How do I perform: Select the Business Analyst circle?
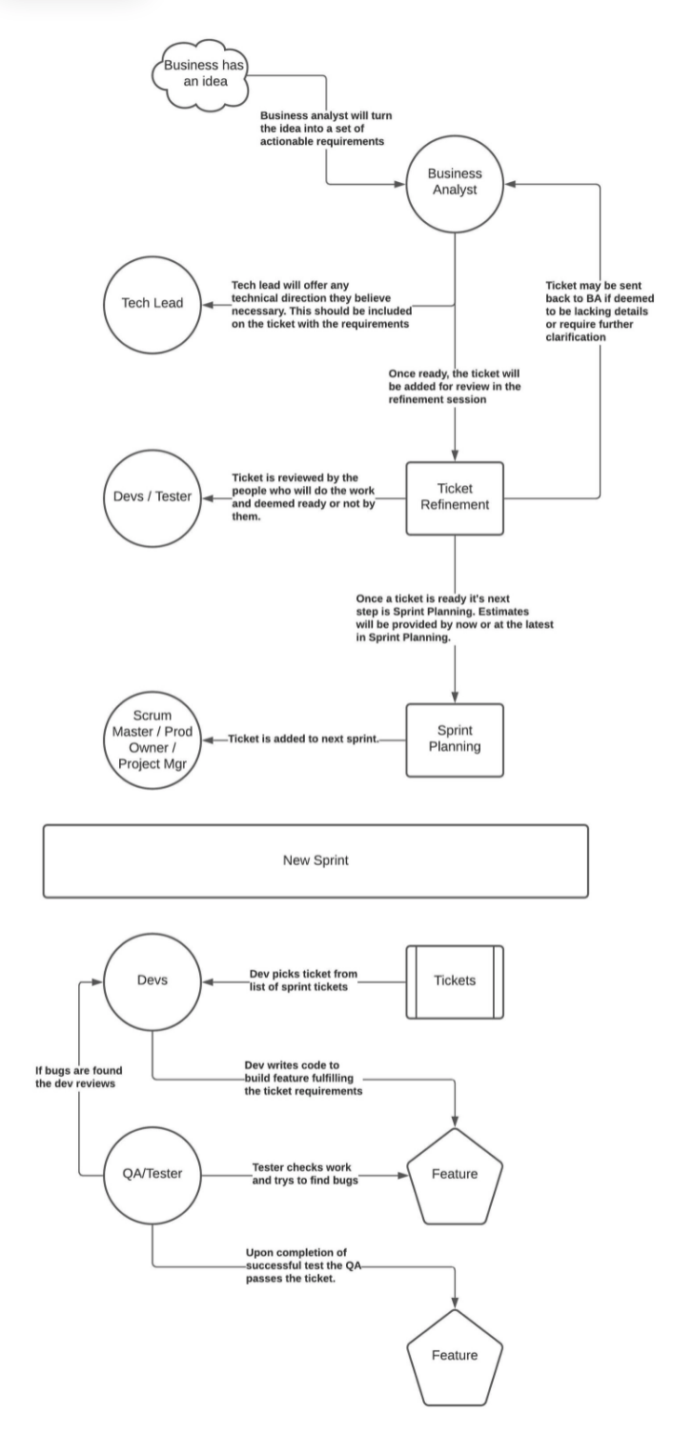(455, 182)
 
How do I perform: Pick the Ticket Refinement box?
(455, 496)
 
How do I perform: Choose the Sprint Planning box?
(455, 738)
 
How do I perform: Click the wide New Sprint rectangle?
(315, 859)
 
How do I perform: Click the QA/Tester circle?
(153, 1173)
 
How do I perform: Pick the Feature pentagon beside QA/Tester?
(455, 1173)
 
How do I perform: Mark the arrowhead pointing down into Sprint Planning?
(455, 697)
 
